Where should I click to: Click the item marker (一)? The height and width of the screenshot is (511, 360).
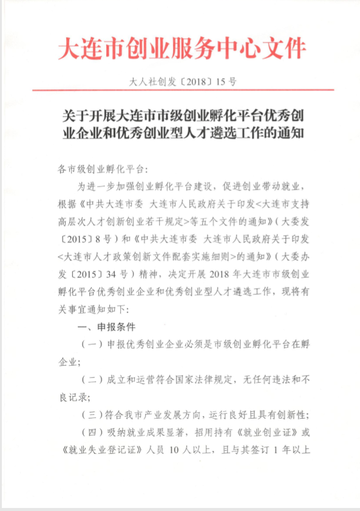click(x=92, y=345)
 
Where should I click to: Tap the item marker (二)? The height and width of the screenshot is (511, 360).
click(x=92, y=380)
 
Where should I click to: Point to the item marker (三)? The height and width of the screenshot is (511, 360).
click(x=92, y=415)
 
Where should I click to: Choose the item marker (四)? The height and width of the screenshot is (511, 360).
click(x=92, y=433)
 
